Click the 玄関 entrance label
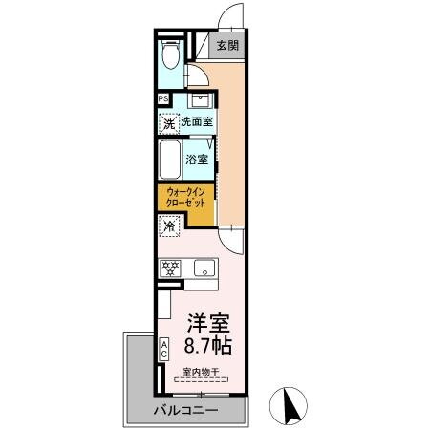tap(226, 45)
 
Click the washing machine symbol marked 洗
tap(168, 123)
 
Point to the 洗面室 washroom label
tap(197, 122)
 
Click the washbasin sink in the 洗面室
tap(201, 100)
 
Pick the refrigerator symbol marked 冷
tap(168, 227)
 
